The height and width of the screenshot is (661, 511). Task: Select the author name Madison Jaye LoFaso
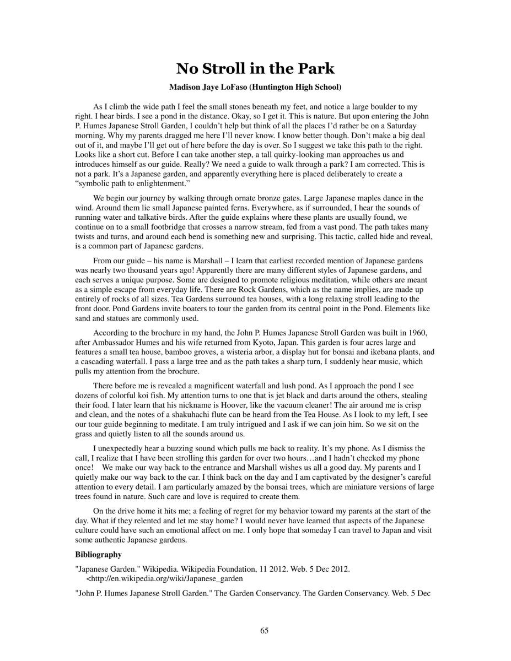(x=205, y=87)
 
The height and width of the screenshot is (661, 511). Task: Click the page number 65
(x=264, y=631)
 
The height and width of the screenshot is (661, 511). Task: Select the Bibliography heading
(x=98, y=555)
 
